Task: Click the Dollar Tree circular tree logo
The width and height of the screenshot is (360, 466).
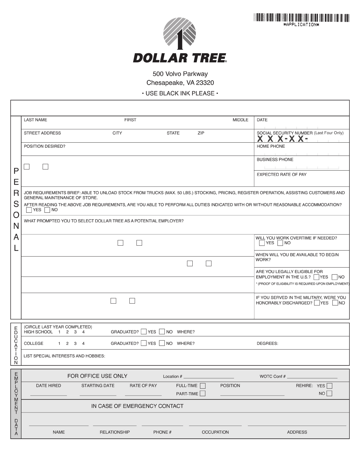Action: click(x=180, y=33)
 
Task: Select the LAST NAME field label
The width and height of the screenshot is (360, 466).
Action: click(x=35, y=120)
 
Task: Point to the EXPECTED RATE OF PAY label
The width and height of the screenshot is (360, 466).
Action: click(x=281, y=174)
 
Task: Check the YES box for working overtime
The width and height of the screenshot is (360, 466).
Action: click(x=262, y=243)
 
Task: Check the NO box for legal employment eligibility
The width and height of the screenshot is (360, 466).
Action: click(x=335, y=277)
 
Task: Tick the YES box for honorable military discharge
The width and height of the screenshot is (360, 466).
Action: click(x=317, y=303)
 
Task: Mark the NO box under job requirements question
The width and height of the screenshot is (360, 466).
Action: click(x=47, y=210)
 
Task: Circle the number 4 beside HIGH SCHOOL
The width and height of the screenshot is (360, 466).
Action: click(x=84, y=332)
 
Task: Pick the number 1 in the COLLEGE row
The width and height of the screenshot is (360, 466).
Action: click(x=59, y=343)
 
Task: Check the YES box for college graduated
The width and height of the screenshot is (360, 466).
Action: click(x=144, y=343)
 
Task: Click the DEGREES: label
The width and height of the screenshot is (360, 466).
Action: click(x=267, y=343)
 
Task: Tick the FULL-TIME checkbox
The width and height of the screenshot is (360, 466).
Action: click(x=203, y=386)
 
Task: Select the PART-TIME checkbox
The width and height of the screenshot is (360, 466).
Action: click(x=203, y=394)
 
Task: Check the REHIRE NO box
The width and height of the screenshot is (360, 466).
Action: click(x=329, y=394)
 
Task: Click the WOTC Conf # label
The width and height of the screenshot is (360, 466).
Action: click(x=272, y=376)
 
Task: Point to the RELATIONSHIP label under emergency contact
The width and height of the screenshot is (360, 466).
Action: click(x=115, y=432)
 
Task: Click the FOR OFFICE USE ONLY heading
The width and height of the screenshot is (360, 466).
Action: click(x=97, y=376)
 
